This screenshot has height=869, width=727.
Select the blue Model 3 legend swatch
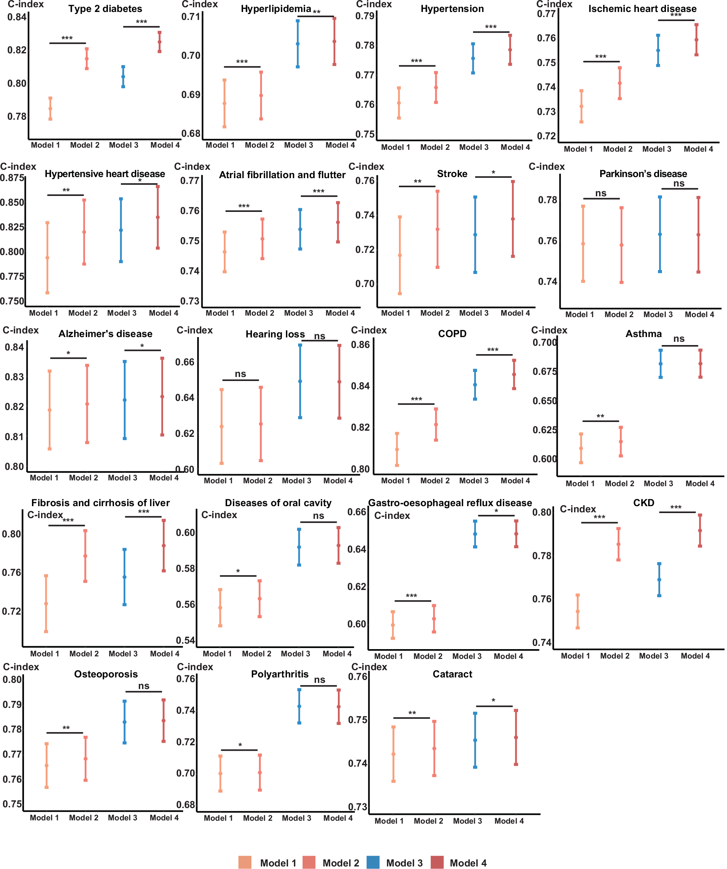pyautogui.click(x=373, y=862)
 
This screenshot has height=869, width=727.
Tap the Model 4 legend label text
pyautogui.click(x=468, y=863)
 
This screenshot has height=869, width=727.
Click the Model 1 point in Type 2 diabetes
pyautogui.click(x=50, y=109)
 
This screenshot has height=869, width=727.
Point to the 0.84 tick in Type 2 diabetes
pyautogui.click(x=17, y=17)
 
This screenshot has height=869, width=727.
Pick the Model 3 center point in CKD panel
pyautogui.click(x=659, y=580)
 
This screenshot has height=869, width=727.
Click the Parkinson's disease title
pyautogui.click(x=643, y=174)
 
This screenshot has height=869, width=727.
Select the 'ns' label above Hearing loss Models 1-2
pyautogui.click(x=240, y=374)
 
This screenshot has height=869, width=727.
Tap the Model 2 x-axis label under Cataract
pyautogui.click(x=428, y=821)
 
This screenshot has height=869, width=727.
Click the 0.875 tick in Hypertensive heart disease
pyautogui.click(x=12, y=178)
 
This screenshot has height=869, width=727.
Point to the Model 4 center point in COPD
pyautogui.click(x=514, y=374)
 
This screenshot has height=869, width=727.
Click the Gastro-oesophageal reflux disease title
pyautogui.click(x=450, y=503)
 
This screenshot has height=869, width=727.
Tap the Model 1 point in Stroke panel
pyautogui.click(x=400, y=255)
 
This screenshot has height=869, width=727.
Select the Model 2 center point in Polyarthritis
pyautogui.click(x=260, y=772)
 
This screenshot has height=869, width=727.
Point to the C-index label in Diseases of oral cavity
pyautogui.click(x=219, y=515)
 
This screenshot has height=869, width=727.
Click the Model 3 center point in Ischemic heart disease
pyautogui.click(x=658, y=50)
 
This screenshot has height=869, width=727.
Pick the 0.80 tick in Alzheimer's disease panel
pyautogui.click(x=14, y=466)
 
